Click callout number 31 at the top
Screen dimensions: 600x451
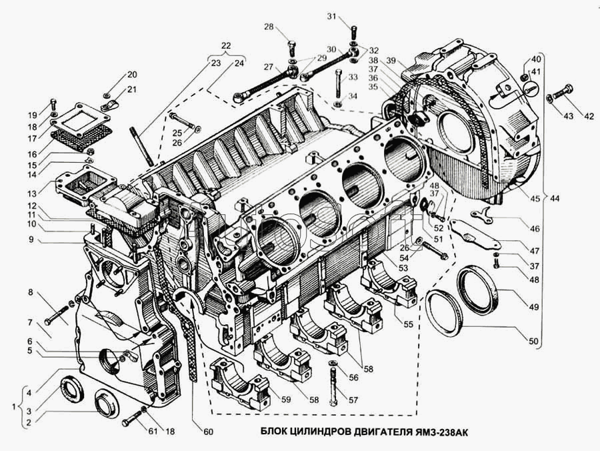click(x=332, y=16)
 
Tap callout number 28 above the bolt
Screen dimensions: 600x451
click(x=269, y=27)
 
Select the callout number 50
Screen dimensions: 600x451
click(x=533, y=341)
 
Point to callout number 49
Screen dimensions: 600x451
click(x=534, y=307)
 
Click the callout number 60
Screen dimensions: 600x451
click(x=208, y=432)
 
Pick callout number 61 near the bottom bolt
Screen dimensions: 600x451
click(x=153, y=432)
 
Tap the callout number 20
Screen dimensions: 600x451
click(x=132, y=75)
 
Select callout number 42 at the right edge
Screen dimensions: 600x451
click(x=589, y=116)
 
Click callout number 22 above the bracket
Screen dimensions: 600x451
click(x=226, y=46)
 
